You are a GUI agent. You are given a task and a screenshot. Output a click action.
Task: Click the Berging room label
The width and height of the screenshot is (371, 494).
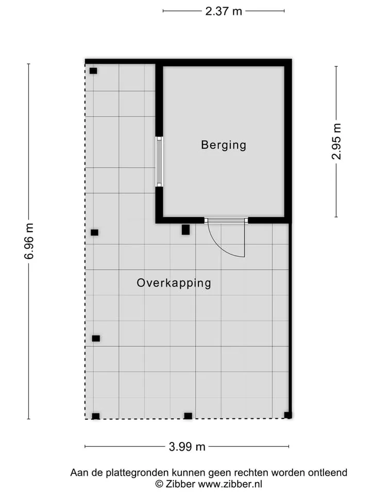point(223,145)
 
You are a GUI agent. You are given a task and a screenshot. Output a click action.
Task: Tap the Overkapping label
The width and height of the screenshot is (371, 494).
point(174,283)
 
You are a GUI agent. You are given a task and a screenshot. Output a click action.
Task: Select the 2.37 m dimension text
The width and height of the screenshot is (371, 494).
point(223,11)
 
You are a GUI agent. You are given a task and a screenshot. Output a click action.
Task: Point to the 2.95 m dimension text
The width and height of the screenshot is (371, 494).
point(336,142)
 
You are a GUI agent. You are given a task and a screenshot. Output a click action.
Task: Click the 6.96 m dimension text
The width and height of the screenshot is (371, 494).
point(29,241)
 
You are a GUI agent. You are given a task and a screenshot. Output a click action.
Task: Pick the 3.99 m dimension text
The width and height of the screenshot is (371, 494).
point(187,447)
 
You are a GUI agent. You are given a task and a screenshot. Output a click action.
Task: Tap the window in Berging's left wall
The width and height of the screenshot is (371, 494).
point(159,162)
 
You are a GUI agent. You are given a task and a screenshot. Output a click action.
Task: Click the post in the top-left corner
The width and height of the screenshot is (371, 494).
point(93,71)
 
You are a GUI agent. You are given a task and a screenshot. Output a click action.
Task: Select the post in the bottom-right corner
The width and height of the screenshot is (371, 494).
point(288,415)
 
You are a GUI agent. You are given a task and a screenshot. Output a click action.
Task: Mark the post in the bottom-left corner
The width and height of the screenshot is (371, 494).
point(96,416)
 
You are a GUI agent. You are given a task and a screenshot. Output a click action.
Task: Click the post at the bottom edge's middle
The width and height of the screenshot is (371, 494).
point(188,416)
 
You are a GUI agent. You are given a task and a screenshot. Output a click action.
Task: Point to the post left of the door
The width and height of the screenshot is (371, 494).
point(186,230)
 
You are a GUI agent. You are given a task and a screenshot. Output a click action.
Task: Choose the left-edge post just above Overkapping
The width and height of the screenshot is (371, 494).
point(95,233)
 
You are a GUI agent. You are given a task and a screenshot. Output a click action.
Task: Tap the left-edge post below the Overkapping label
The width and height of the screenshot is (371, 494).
point(96,339)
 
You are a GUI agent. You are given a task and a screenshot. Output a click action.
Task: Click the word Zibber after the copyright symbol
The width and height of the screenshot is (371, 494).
point(180,484)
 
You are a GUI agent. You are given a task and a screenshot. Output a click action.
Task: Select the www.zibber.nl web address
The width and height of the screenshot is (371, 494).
point(230,484)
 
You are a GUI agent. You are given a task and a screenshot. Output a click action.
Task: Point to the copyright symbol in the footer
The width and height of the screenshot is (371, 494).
point(160,484)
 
